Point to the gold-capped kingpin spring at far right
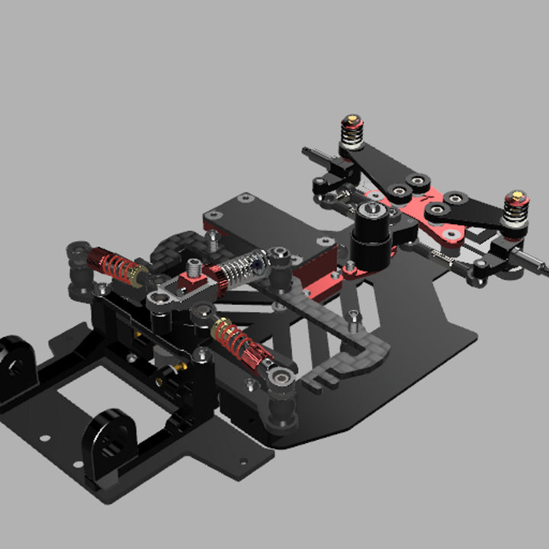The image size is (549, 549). point(515,209)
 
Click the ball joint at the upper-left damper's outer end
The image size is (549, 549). point(78,252)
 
